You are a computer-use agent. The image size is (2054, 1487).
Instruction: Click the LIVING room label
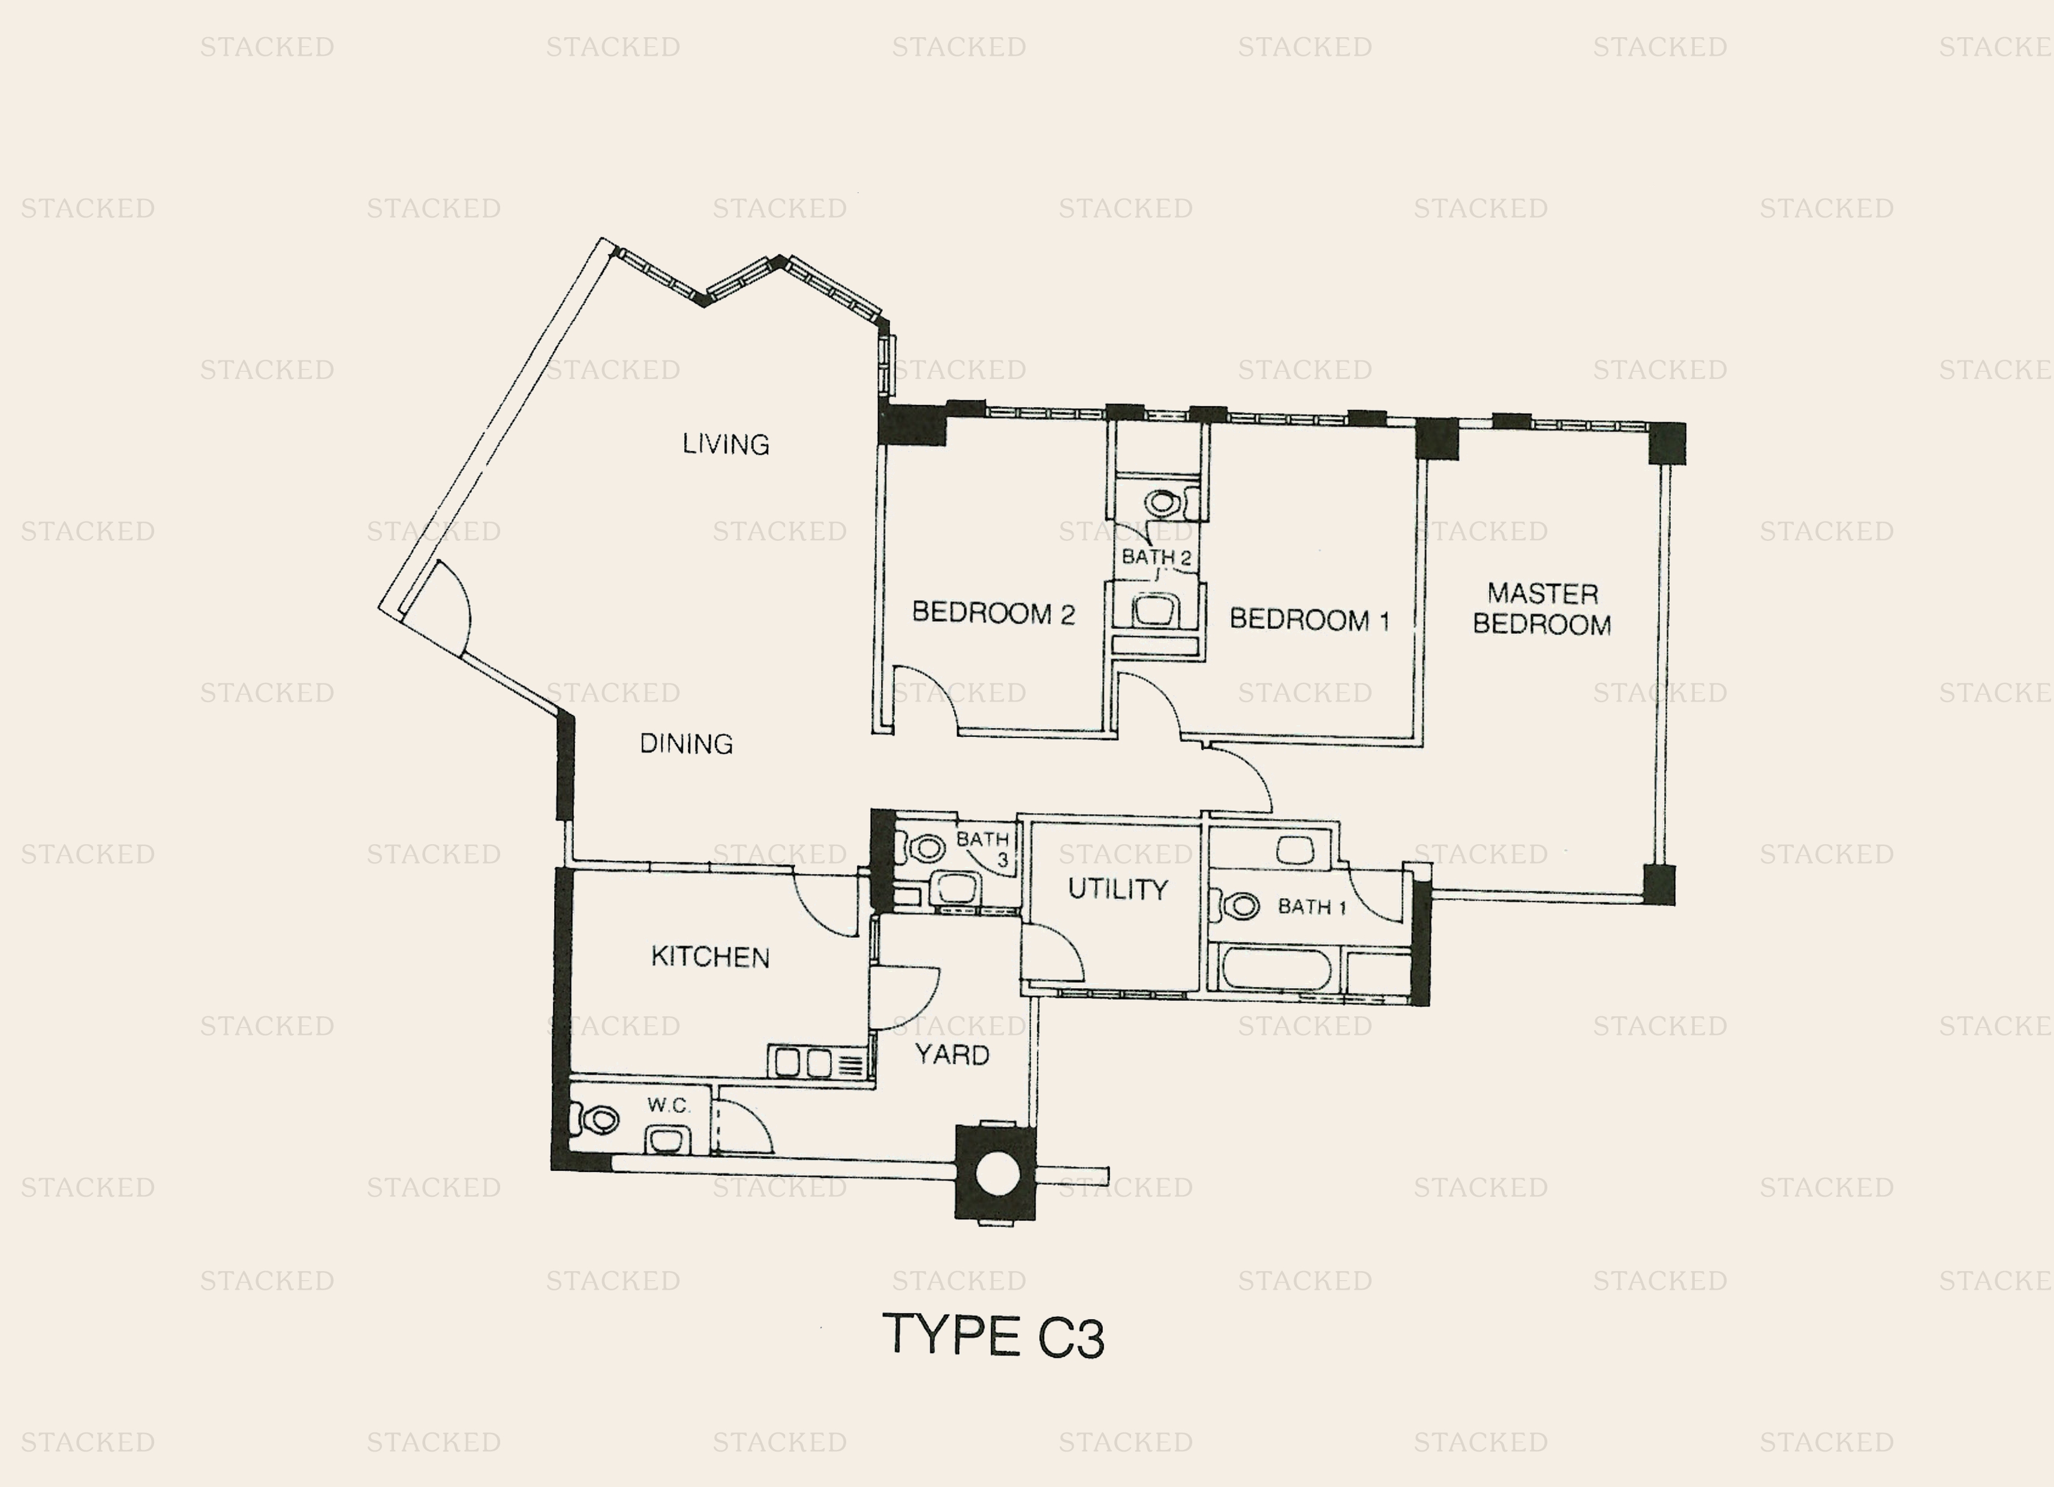[726, 444]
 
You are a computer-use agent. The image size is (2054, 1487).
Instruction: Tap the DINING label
[685, 743]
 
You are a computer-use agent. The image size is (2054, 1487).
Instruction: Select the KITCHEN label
[710, 956]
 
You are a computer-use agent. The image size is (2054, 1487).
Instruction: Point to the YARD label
[952, 1054]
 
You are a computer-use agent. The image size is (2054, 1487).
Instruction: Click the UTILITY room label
[1118, 889]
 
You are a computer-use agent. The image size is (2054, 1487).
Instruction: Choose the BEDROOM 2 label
[993, 613]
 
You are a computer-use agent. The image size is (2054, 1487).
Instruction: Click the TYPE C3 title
[994, 1337]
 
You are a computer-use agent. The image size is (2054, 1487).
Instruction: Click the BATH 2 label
[1156, 557]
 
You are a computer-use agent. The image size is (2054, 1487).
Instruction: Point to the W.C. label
[668, 1106]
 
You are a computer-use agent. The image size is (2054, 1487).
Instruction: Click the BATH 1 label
[1312, 907]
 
